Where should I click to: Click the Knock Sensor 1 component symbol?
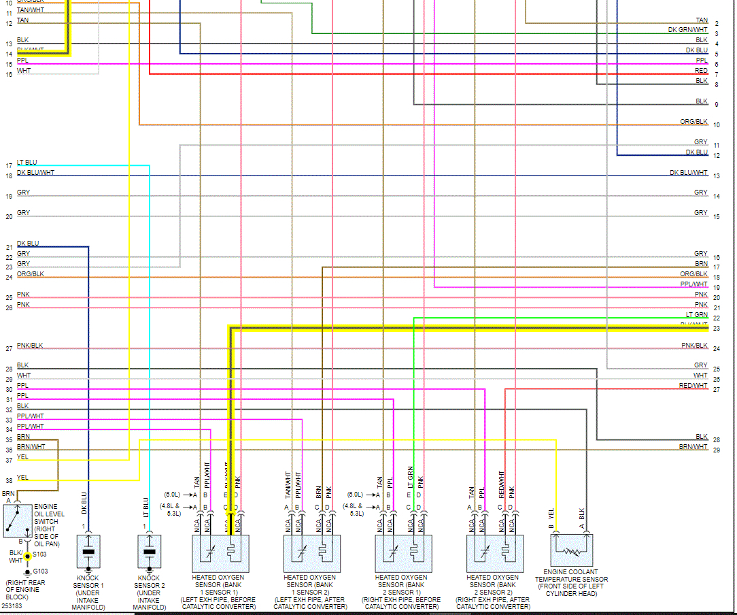click(x=88, y=552)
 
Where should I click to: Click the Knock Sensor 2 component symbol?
click(x=150, y=552)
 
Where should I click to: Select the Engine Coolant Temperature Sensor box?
click(x=572, y=550)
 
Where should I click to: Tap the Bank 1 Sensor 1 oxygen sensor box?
click(x=221, y=553)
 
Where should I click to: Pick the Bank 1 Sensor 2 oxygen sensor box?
click(x=312, y=553)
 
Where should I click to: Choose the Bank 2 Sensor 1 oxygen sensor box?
click(x=403, y=553)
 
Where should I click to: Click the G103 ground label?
click(x=41, y=571)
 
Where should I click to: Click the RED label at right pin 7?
click(x=701, y=71)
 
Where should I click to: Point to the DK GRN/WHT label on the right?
click(x=687, y=30)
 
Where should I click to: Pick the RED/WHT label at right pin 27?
click(x=693, y=386)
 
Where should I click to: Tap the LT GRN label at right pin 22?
click(x=697, y=315)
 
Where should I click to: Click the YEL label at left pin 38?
click(x=23, y=478)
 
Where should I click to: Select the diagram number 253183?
click(x=12, y=605)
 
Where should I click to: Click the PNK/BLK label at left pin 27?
click(x=30, y=346)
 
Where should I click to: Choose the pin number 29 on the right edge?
click(x=717, y=450)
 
